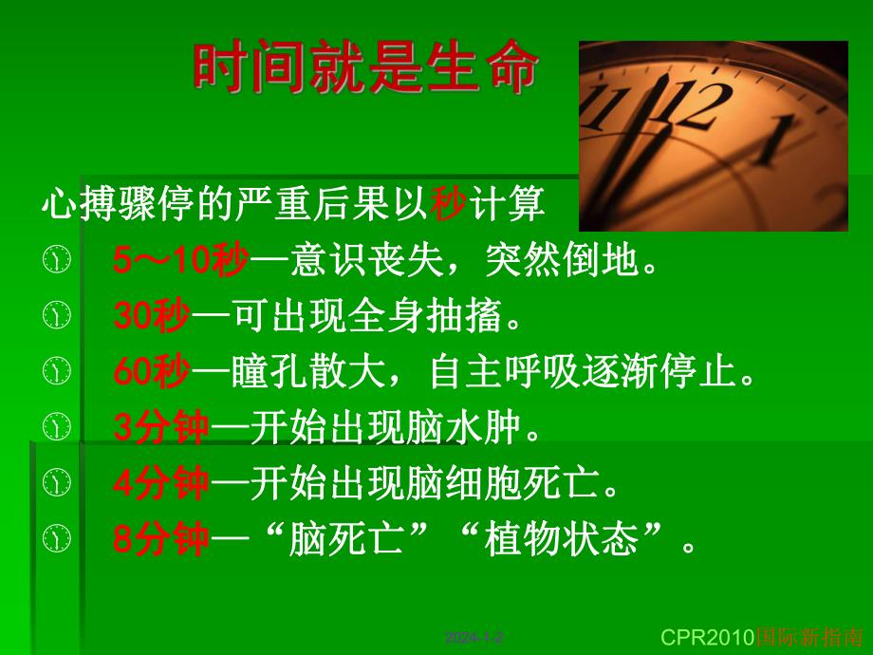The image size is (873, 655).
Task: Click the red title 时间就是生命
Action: [x=366, y=69]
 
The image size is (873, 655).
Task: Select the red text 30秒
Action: [x=152, y=316]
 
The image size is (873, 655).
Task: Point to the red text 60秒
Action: [x=152, y=372]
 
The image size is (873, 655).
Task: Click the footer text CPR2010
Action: [x=705, y=635]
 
